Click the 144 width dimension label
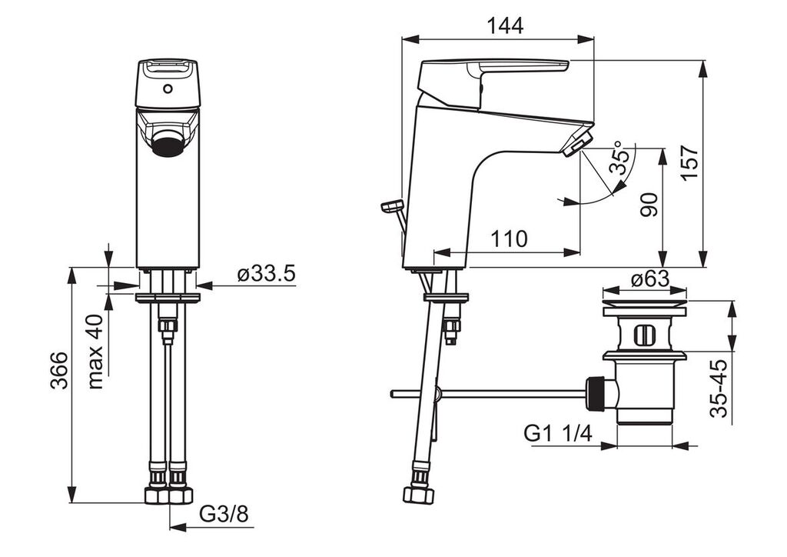(506, 25)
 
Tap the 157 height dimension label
(689, 162)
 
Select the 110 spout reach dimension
(509, 238)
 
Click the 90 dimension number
(649, 205)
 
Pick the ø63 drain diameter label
(650, 278)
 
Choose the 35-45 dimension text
(719, 388)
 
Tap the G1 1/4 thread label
(558, 432)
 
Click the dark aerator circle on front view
(168, 143)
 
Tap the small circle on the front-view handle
(168, 91)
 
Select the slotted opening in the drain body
(643, 335)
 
